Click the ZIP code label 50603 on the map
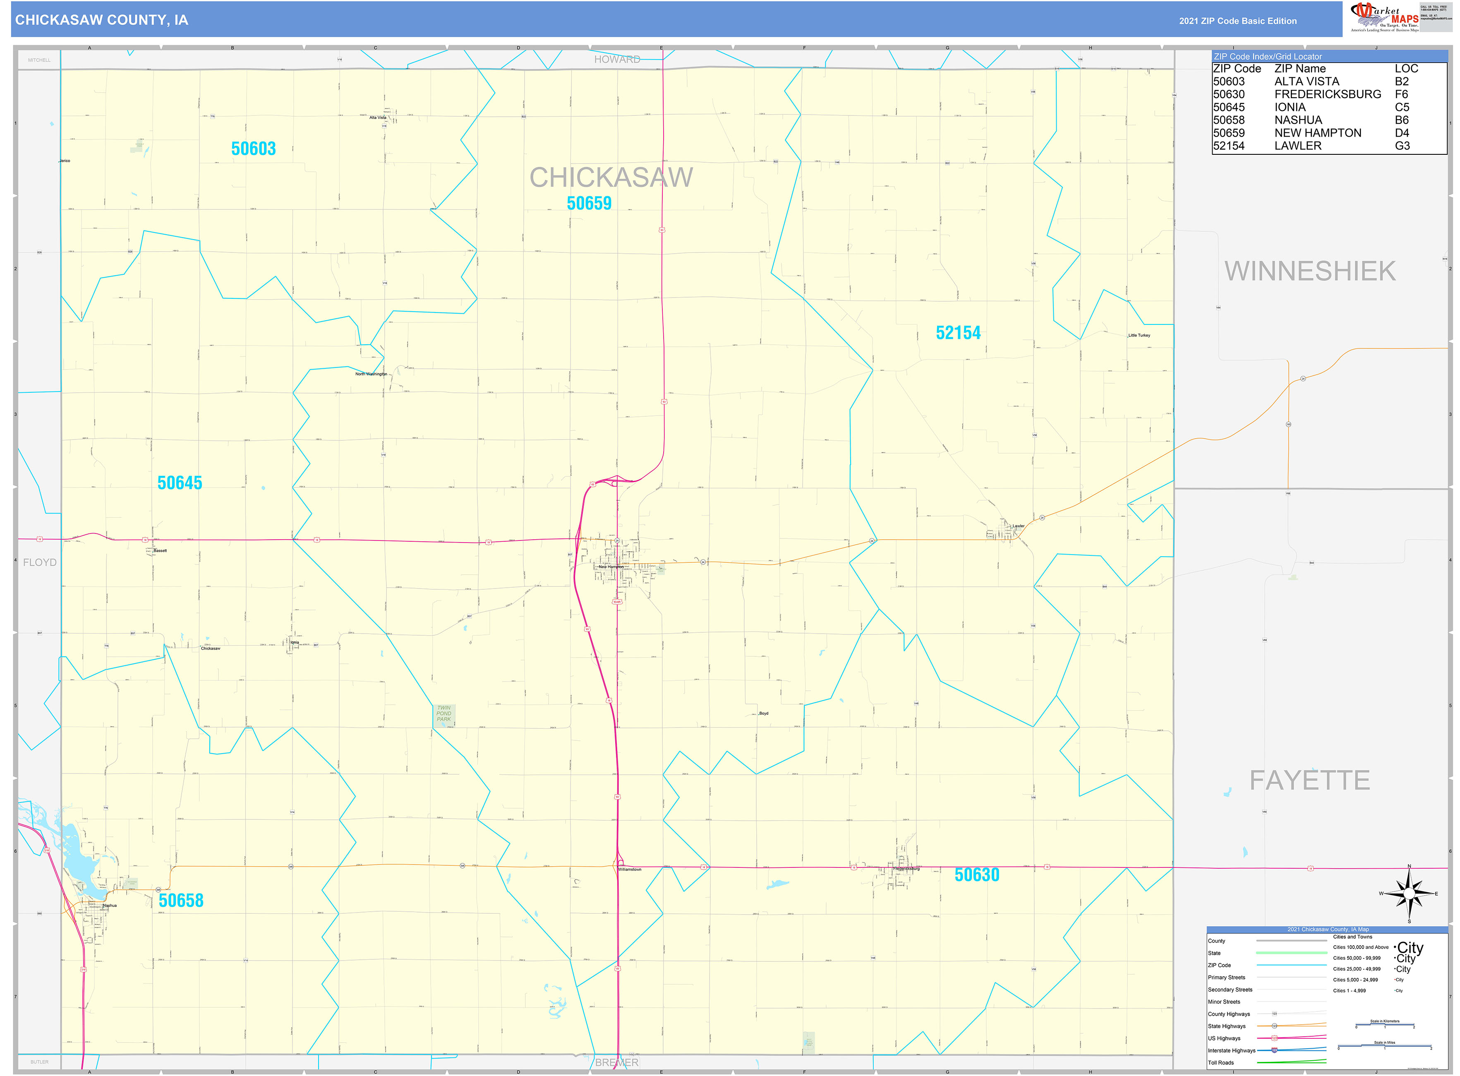click(253, 149)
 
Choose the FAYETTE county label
click(1309, 780)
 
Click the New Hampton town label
click(611, 567)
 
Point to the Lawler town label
click(1018, 526)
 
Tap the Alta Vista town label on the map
click(378, 118)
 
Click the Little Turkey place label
click(1139, 336)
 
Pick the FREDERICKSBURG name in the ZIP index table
click(1327, 94)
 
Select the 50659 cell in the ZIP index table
click(1228, 133)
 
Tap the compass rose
click(1409, 893)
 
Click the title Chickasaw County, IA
click(102, 20)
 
